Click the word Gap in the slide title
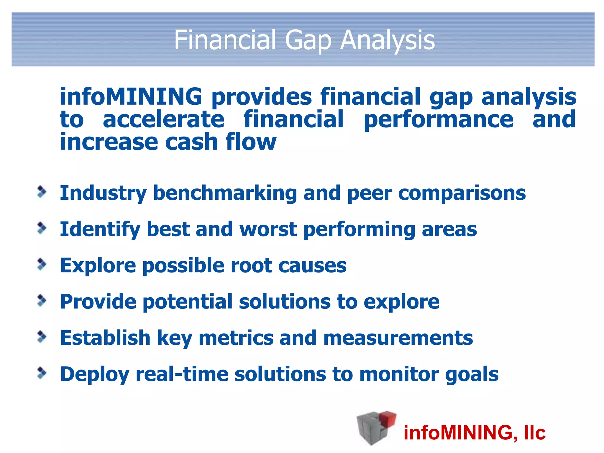[x=308, y=41]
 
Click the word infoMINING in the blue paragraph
[x=131, y=97]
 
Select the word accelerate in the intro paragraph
[x=163, y=119]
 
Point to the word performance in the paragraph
[x=438, y=120]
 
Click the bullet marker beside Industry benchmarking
[x=42, y=192]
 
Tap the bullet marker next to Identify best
[x=42, y=229]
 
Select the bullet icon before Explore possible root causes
[x=42, y=265]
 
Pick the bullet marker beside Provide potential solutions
[x=42, y=301]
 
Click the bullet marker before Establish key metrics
[x=42, y=337]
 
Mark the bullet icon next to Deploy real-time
[x=42, y=373]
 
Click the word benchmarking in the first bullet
[x=225, y=193]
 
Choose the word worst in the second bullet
[x=268, y=229]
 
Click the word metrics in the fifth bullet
[x=236, y=338]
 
